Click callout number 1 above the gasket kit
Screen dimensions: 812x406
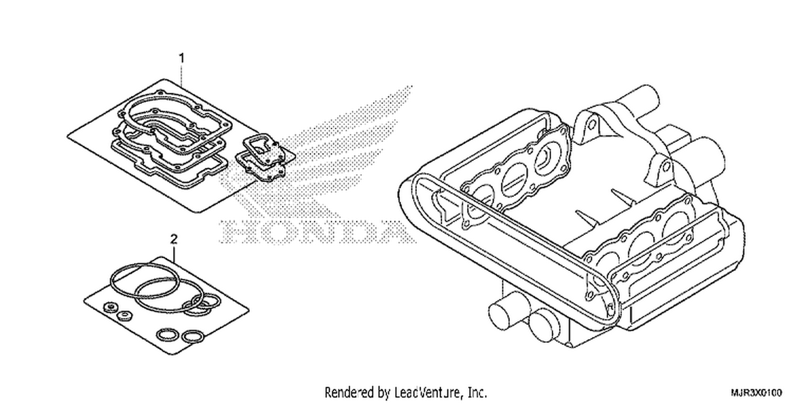click(182, 58)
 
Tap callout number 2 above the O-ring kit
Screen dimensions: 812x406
click(174, 239)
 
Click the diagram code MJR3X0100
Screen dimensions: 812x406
click(756, 393)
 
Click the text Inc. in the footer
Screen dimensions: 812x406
click(478, 392)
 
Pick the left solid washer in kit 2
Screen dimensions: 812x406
click(109, 307)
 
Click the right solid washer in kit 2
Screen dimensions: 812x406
click(125, 316)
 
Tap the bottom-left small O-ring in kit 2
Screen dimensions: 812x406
click(167, 335)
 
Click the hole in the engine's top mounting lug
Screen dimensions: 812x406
click(591, 126)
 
